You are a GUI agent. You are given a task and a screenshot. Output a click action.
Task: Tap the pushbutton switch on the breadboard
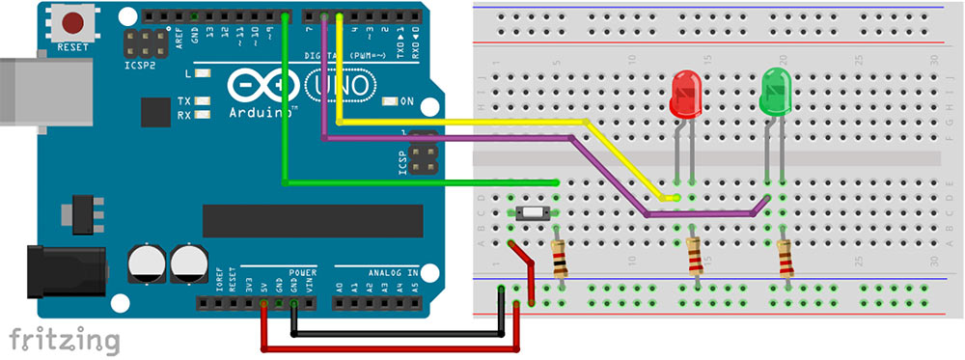533,213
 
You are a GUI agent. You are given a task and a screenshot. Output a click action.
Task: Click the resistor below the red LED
695,258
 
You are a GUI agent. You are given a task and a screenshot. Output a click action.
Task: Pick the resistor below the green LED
786,258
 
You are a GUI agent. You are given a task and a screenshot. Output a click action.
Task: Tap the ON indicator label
406,101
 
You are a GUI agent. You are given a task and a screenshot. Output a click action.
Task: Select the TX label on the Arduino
184,101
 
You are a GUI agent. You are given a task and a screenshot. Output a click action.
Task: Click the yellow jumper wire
463,123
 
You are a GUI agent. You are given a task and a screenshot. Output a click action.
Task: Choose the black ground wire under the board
396,334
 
